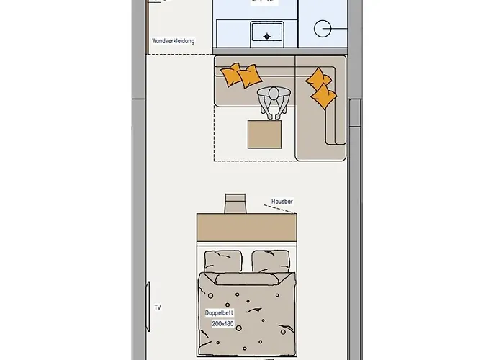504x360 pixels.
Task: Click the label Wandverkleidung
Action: coord(173,41)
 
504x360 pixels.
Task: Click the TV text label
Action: coord(158,307)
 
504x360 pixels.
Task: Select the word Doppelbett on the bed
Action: coord(220,314)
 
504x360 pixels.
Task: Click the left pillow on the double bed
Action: coord(224,260)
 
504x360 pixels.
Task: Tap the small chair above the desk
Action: coord(235,203)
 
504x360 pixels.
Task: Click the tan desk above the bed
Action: coord(246,228)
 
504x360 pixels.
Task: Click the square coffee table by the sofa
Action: coord(265,134)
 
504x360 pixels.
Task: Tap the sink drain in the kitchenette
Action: coord(267,36)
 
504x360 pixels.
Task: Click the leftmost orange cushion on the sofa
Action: coord(232,73)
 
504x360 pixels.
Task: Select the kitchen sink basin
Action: coord(266,32)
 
